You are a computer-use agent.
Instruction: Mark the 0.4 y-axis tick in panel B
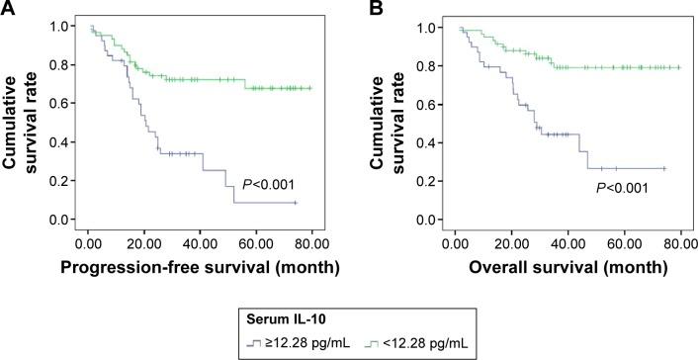(x=435, y=142)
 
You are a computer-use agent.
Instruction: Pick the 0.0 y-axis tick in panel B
(x=435, y=220)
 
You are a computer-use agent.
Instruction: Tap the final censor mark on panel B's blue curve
(x=664, y=168)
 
